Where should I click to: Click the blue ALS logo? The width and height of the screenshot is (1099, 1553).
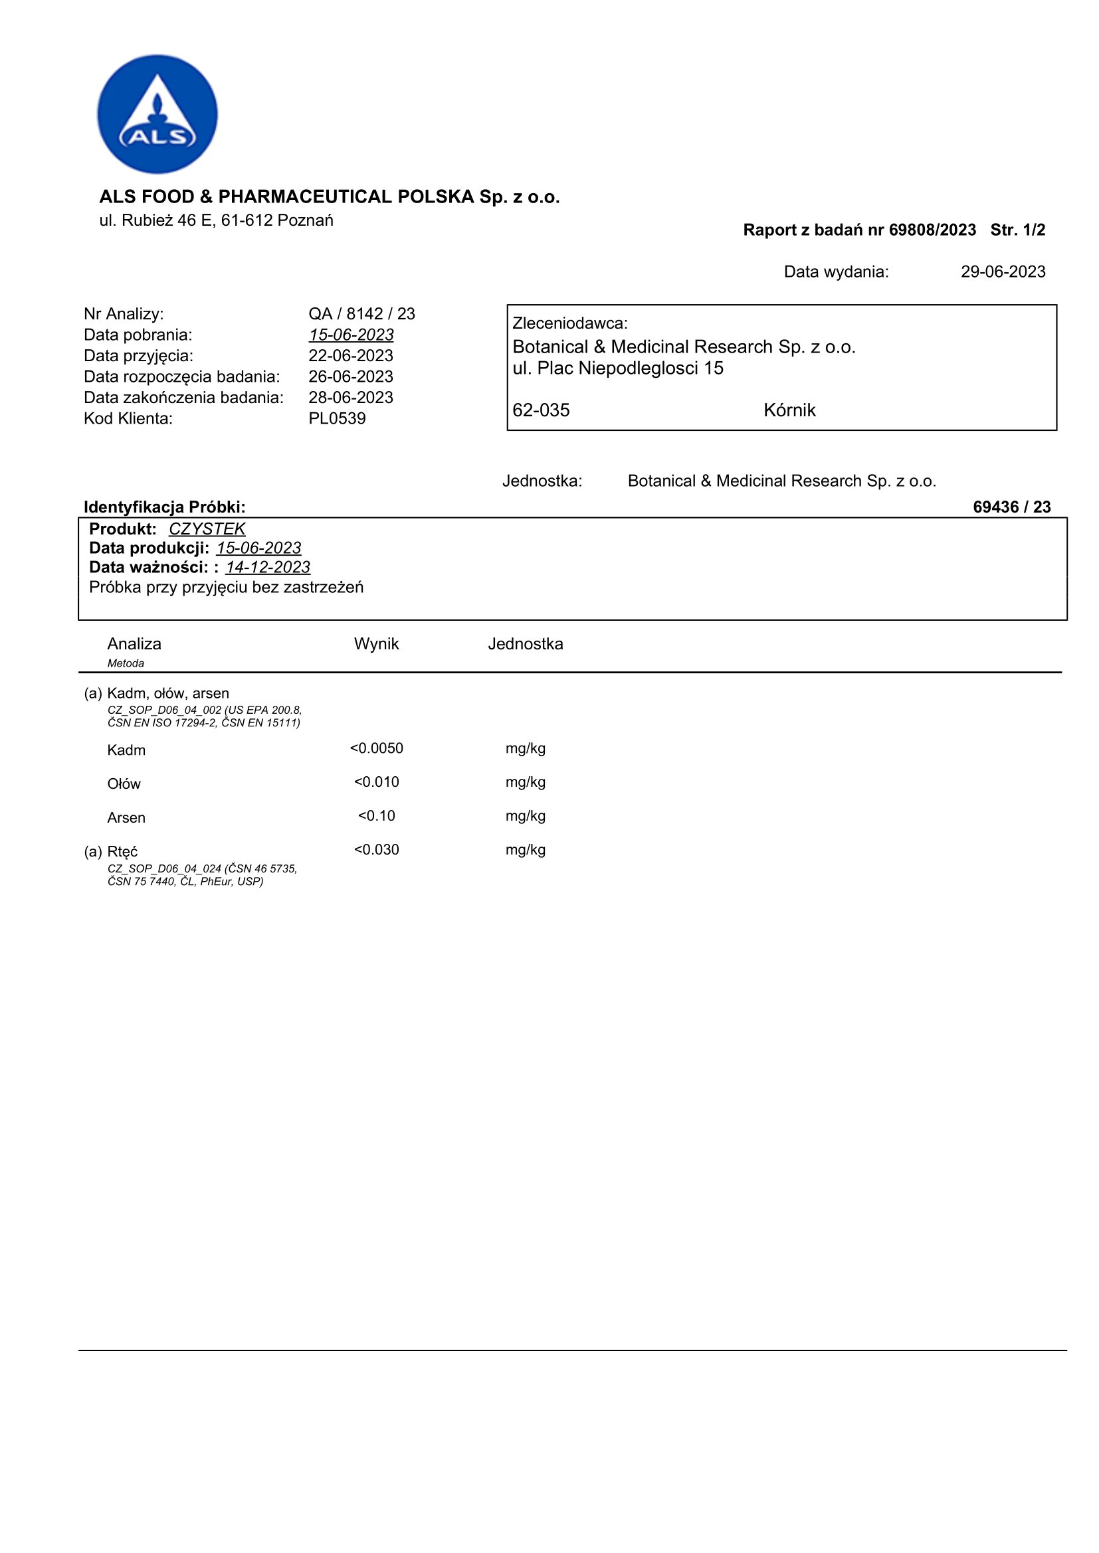[x=157, y=114]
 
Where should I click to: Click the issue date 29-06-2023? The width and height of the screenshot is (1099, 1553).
[x=1002, y=272]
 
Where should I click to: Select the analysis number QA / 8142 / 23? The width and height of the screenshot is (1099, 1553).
[x=361, y=314]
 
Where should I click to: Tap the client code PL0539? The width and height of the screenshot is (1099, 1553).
[x=337, y=419]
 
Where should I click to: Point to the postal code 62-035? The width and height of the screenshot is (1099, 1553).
[x=541, y=410]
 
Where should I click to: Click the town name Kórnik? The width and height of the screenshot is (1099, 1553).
[x=789, y=410]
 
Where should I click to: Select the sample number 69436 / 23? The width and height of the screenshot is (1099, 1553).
[x=1011, y=507]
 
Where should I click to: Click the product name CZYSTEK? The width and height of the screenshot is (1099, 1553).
[x=207, y=529]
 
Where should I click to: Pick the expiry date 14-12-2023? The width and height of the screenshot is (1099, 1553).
[x=268, y=568]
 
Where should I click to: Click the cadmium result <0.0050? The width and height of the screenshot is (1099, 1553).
[x=376, y=749]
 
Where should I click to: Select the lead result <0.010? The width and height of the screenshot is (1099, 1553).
[x=376, y=783]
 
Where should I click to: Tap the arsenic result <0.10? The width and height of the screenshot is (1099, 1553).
[x=376, y=817]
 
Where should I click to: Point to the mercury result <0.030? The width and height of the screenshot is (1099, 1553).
[x=376, y=851]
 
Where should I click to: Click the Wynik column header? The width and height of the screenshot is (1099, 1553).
[x=376, y=644]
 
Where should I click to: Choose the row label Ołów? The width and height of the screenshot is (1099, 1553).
[x=124, y=785]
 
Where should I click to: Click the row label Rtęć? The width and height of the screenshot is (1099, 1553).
[x=122, y=853]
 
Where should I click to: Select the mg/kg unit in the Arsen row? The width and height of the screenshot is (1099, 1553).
[x=525, y=817]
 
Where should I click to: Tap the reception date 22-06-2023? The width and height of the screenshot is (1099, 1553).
[x=351, y=356]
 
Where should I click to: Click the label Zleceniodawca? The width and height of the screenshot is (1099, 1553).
[x=570, y=323]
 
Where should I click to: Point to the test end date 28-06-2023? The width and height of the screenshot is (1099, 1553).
[x=351, y=398]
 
